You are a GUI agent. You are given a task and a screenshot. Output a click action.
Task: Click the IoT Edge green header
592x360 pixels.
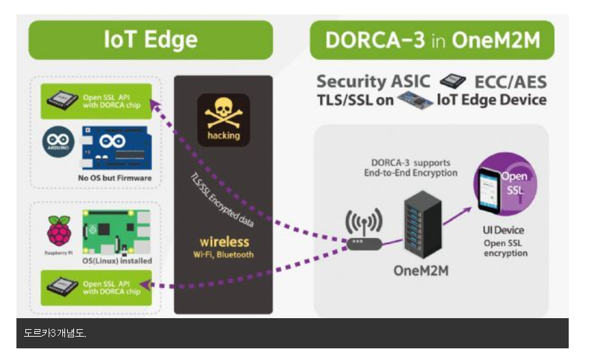(x=151, y=40)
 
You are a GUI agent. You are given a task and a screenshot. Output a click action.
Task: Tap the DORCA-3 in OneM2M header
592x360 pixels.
(x=432, y=40)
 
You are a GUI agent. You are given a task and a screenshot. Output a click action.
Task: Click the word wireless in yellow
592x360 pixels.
(x=224, y=242)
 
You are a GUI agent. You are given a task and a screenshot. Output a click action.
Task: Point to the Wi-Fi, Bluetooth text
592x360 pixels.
(x=224, y=254)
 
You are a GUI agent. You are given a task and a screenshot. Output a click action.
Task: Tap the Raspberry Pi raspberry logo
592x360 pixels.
(x=58, y=230)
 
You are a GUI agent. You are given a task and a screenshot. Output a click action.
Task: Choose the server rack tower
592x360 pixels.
(x=419, y=223)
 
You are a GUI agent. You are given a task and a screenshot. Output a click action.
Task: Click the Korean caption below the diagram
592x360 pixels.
(x=55, y=333)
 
